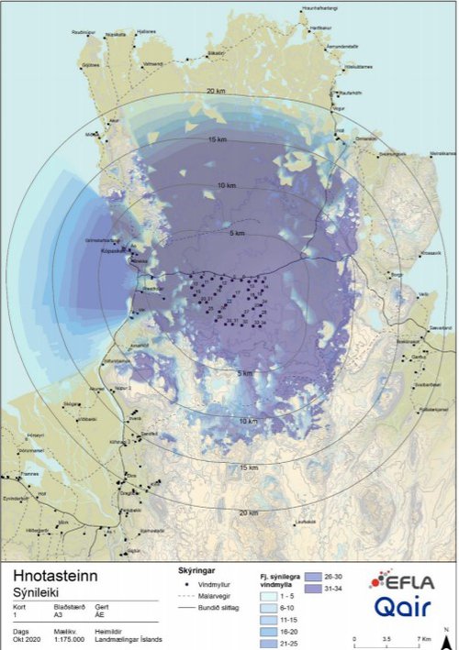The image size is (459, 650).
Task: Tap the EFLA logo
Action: click(401, 582)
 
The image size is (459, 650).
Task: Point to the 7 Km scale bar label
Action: click(421, 638)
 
